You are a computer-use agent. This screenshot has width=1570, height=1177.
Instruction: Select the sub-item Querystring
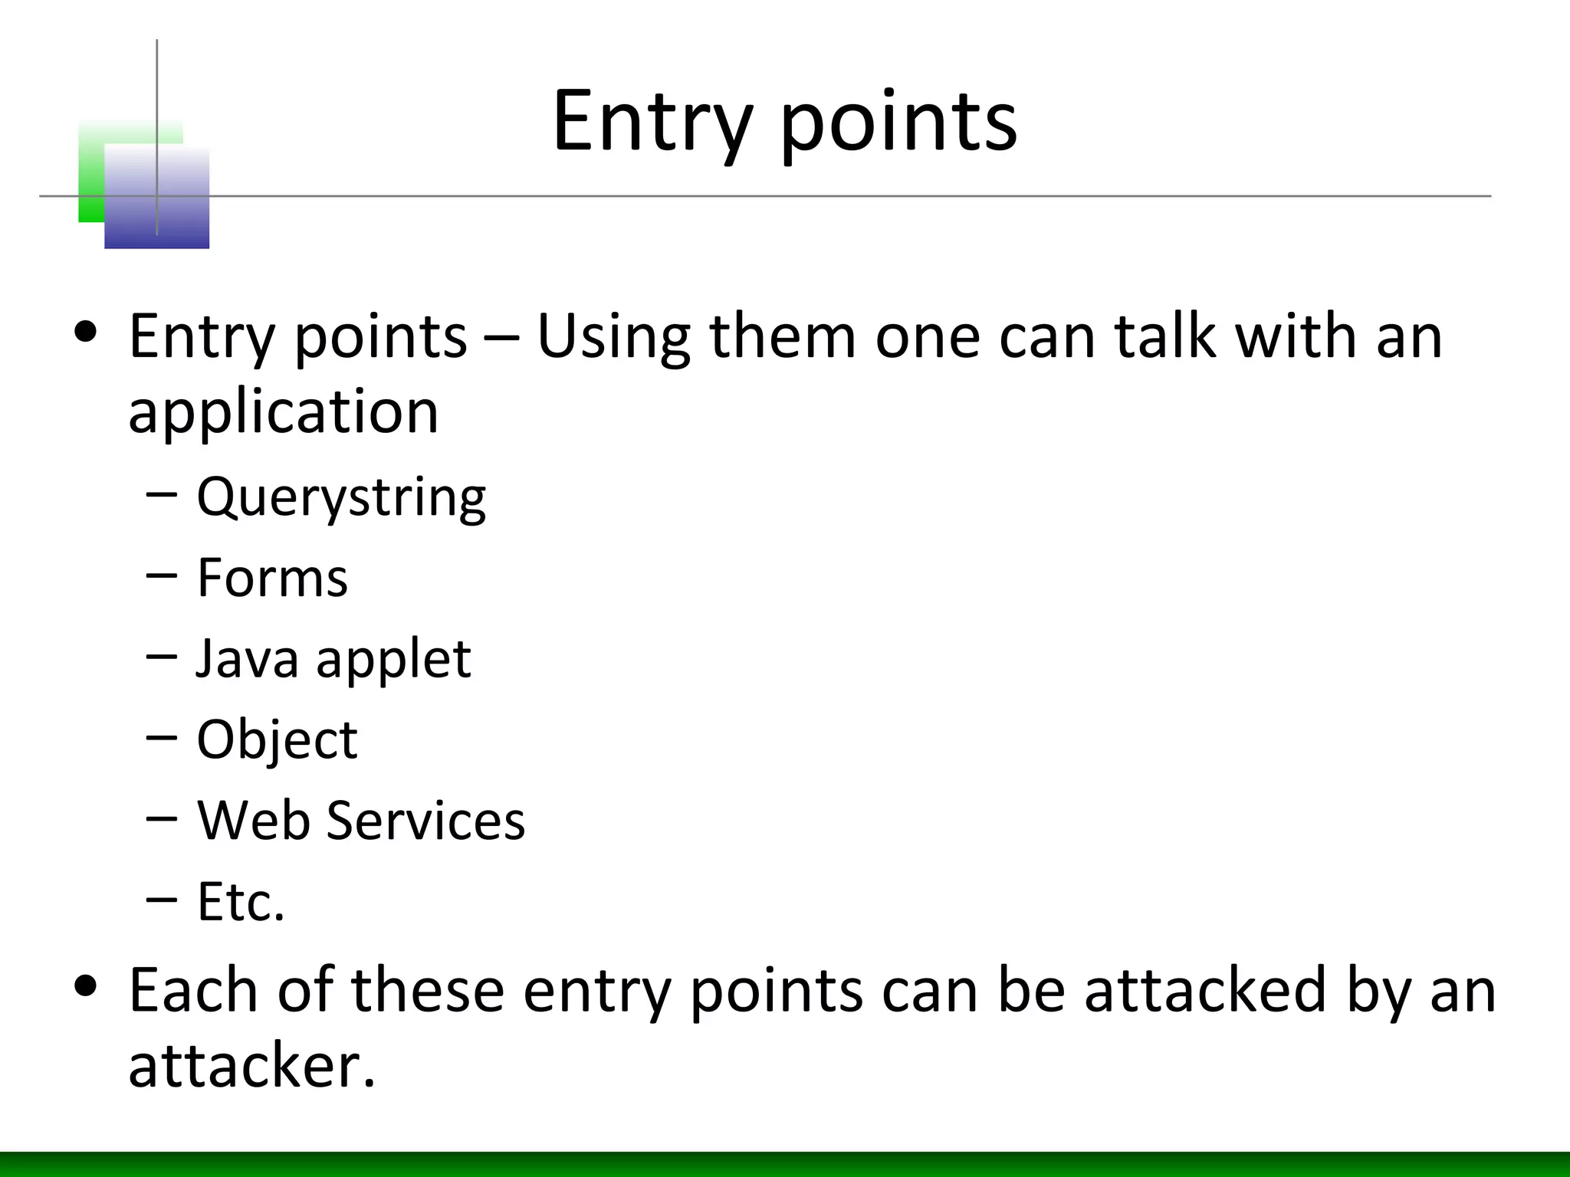click(341, 498)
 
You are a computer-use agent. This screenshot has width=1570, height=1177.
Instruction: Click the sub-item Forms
click(272, 578)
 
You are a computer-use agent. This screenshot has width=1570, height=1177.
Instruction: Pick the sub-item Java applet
click(333, 659)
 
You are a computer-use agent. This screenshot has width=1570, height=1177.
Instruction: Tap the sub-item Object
click(277, 740)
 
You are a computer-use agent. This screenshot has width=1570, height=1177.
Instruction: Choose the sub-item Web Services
click(361, 821)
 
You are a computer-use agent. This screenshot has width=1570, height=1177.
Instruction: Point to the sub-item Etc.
click(241, 902)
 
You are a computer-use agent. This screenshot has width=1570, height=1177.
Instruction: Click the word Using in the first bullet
click(613, 337)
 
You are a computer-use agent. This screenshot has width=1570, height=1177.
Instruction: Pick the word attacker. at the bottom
click(252, 1067)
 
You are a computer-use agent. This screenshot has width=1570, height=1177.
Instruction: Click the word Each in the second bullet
click(192, 990)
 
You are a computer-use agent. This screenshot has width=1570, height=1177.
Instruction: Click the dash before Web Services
click(161, 818)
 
